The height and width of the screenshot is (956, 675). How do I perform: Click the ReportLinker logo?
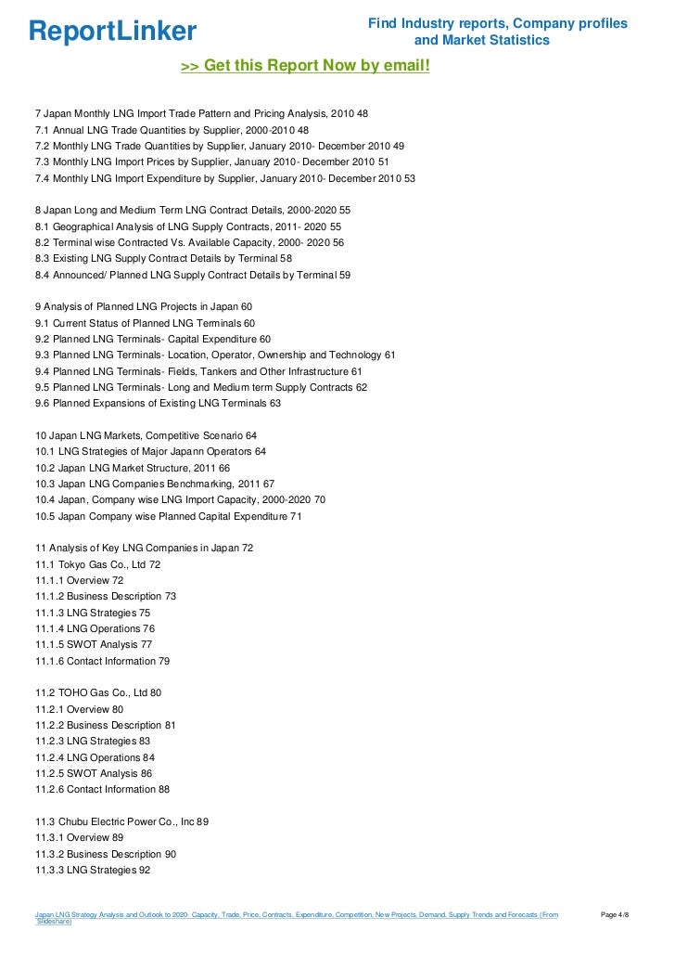coord(112,32)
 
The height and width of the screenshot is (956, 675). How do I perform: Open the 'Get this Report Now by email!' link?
coord(305,66)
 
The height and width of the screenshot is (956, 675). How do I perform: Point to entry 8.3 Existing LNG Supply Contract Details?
coord(163,258)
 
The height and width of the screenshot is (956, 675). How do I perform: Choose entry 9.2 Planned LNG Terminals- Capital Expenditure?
coord(153,339)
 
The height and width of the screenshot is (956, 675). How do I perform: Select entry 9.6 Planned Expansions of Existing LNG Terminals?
coord(158,403)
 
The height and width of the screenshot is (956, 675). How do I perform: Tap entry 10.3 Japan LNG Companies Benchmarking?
coord(155,484)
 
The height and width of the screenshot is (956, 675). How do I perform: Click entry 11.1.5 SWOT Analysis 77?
coord(94,644)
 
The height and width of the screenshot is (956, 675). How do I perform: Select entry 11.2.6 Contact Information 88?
coord(102,789)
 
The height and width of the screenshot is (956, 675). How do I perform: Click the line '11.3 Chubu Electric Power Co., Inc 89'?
coord(122,821)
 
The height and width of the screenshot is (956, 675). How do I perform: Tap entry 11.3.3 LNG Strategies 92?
coord(93,870)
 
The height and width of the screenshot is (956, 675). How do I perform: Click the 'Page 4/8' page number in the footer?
coord(616,915)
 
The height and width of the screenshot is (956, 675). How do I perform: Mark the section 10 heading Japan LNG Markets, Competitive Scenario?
coord(146,435)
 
